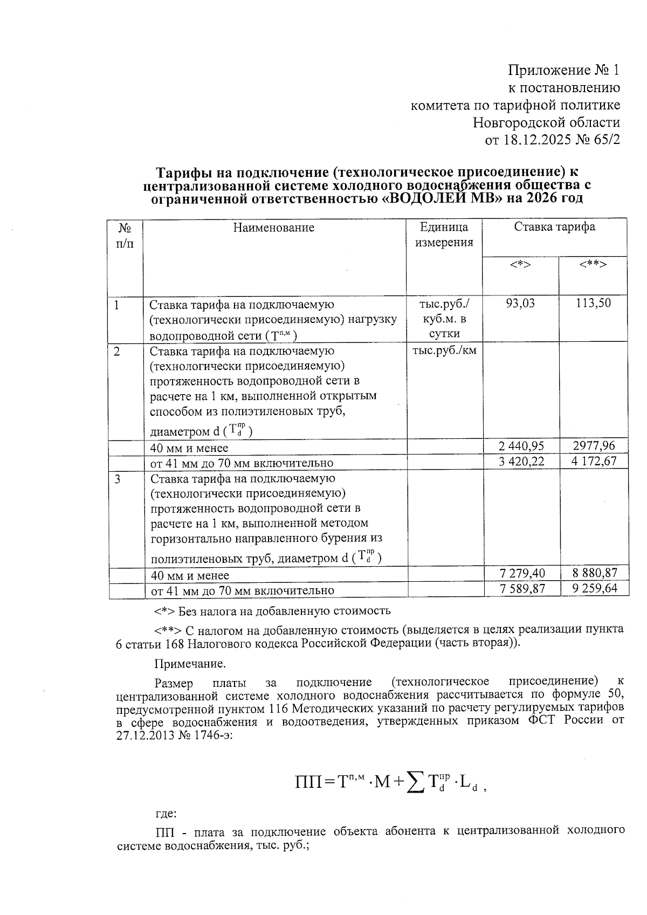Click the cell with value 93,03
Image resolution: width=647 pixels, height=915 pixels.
pos(520,303)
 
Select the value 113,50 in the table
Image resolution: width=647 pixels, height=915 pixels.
pos(593,303)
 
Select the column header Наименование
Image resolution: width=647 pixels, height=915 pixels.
pos(274,228)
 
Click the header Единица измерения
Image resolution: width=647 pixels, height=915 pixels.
pos(444,235)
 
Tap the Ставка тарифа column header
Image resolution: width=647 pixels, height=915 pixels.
pos(554,226)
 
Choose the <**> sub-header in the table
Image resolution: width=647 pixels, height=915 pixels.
pos(593,264)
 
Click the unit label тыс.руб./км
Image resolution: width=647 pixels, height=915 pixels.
pos(444,350)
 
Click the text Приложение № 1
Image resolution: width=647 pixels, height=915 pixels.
pos(564,70)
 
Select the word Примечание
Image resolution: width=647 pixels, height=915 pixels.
pos(190,663)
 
